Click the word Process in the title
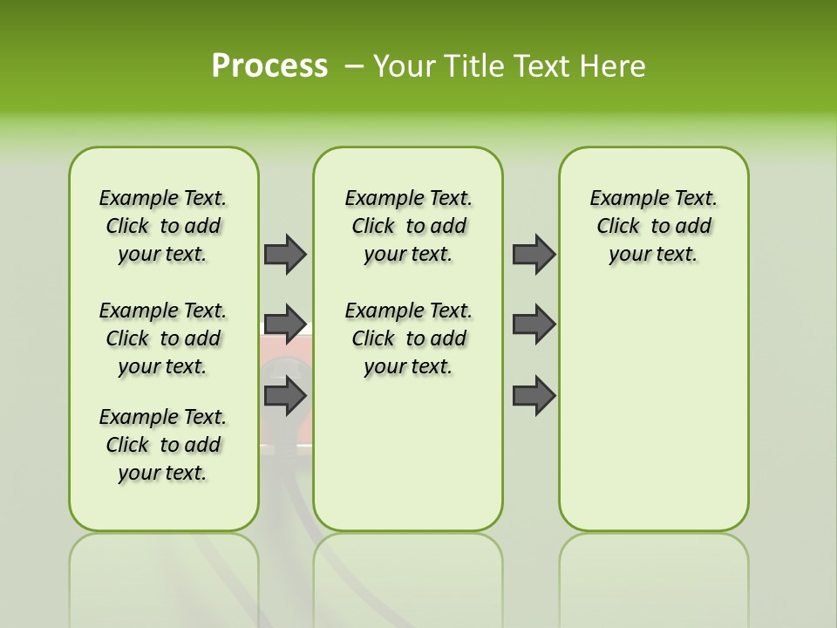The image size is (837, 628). (269, 66)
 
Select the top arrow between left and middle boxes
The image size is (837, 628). (285, 254)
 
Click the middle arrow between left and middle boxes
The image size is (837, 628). (285, 324)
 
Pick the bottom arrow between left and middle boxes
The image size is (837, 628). (285, 395)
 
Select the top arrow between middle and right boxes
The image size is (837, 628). (534, 254)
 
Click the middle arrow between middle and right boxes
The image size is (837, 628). (534, 324)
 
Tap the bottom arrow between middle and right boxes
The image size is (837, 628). (534, 395)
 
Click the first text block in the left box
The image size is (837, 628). (163, 226)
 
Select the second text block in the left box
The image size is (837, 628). (163, 338)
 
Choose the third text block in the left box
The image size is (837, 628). (163, 445)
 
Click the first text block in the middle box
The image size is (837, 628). (408, 226)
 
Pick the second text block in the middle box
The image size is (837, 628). (408, 338)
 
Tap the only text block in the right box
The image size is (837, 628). (653, 226)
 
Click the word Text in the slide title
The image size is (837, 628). (540, 66)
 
